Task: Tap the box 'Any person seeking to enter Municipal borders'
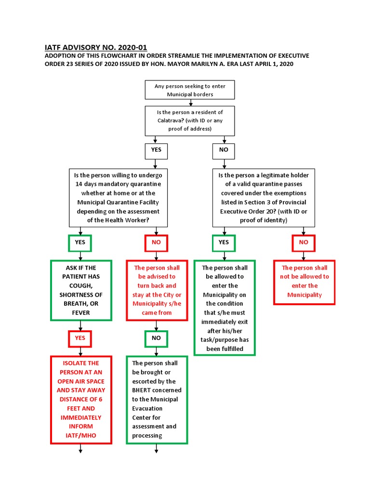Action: point(190,90)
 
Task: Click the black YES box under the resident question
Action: point(156,150)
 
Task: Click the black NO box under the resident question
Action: point(224,150)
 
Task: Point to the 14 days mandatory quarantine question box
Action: point(118,197)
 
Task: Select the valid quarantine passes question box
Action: point(264,197)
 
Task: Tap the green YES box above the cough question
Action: point(80,243)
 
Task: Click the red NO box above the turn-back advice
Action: point(156,243)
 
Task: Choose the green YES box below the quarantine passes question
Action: point(224,243)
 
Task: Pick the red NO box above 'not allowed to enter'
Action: point(304,243)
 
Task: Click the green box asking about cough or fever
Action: point(81,290)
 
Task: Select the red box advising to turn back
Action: point(157,290)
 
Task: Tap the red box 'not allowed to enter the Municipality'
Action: point(304,282)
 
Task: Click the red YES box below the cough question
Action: point(80,338)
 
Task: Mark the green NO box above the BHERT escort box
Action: point(156,338)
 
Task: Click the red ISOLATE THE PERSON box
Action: point(81,400)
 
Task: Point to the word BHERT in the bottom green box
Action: point(144,390)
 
